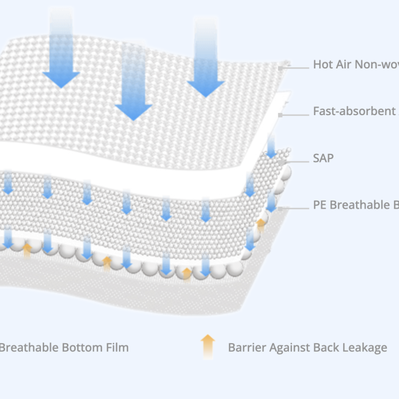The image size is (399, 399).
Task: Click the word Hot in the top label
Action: (323, 64)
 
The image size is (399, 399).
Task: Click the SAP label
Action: (323, 158)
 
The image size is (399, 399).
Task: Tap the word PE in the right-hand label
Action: (320, 205)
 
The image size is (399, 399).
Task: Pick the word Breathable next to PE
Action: (359, 205)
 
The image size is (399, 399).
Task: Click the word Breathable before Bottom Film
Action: (26, 347)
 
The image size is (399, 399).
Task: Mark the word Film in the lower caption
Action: (116, 347)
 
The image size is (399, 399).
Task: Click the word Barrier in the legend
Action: (246, 347)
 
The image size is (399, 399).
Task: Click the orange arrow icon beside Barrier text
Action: (208, 346)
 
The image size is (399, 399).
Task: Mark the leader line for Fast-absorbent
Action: (294, 115)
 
